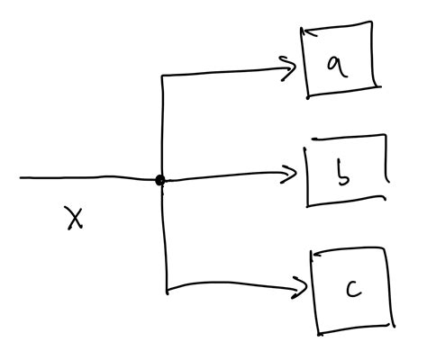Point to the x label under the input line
[75, 217]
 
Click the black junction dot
[160, 180]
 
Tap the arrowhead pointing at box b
[291, 175]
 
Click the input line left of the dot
[90, 178]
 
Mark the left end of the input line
[22, 178]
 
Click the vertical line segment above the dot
[161, 126]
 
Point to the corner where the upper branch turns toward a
[161, 76]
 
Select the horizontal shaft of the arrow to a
[225, 71]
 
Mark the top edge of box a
[338, 29]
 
